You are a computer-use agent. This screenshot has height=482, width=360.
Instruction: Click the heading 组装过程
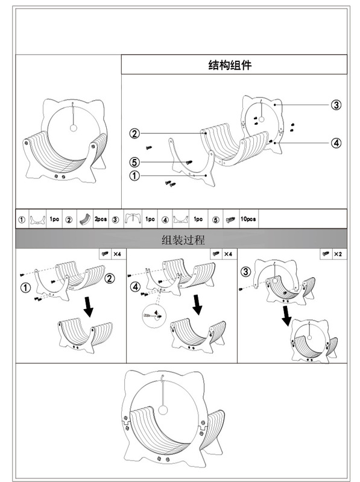[183, 240]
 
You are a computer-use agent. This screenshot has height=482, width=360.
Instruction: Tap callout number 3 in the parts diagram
[336, 105]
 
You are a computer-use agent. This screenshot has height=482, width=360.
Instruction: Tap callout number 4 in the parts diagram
[336, 143]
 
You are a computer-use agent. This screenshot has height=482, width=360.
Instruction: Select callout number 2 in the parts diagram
[135, 133]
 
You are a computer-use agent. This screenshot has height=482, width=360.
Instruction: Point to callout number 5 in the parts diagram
[135, 161]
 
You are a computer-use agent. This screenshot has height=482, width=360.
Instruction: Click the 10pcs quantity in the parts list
[248, 219]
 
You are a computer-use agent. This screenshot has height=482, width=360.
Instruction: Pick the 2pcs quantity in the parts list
[100, 219]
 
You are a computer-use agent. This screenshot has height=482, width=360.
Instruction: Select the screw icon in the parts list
[230, 219]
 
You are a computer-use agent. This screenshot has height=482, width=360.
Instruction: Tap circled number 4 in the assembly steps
[136, 287]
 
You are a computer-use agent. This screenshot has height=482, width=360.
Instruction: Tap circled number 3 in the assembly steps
[245, 272]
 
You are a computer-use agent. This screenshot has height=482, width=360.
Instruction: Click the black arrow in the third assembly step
[286, 313]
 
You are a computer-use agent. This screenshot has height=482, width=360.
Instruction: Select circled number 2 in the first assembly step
[110, 278]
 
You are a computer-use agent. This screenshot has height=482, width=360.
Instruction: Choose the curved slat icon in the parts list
[84, 219]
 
